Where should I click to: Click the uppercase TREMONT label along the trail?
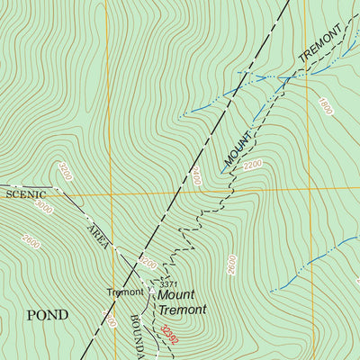pos(320,44)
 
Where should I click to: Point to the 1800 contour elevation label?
pos(325,108)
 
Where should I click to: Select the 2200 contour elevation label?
pos(253,165)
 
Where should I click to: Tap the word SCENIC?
pos(24,193)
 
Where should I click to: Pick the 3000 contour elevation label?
pos(43,206)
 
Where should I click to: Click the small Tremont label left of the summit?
pos(125,292)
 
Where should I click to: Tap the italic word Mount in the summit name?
pos(176,294)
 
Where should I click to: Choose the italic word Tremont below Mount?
pos(183,310)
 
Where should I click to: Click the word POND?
pos(47,314)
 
